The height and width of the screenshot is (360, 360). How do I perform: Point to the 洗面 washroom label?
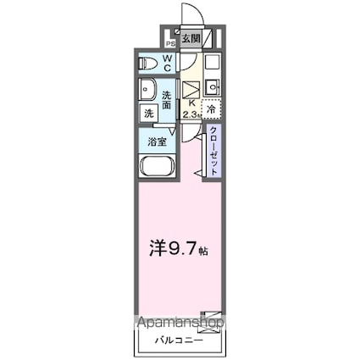point(167,100)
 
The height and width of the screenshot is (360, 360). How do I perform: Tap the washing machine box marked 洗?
point(147,113)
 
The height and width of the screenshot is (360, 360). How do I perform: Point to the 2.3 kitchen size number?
point(191,108)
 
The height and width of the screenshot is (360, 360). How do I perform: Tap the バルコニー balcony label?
point(179,341)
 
